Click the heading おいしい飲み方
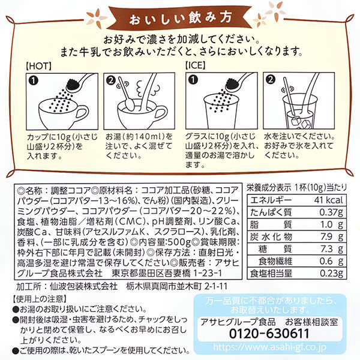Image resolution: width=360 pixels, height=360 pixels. point(179,13)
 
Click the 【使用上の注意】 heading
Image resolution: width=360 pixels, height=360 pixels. point(38,297)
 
